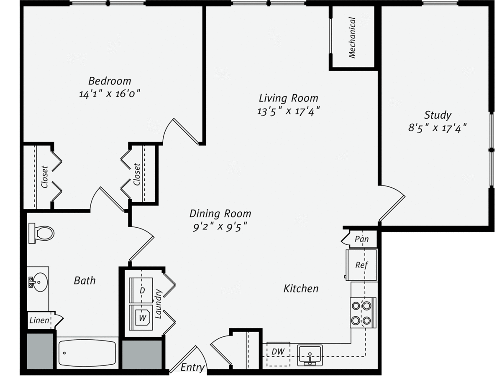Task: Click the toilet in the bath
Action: click(x=41, y=233)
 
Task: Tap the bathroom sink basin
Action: click(x=38, y=282)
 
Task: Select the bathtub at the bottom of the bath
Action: click(x=87, y=353)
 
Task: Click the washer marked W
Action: click(x=141, y=318)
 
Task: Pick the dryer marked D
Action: click(x=141, y=290)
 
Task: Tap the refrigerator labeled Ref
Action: click(x=361, y=265)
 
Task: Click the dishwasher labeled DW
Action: click(x=278, y=353)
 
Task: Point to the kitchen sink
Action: click(x=310, y=355)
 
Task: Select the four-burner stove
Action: click(x=363, y=313)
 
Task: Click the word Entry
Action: click(x=192, y=368)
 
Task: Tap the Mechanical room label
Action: click(x=352, y=38)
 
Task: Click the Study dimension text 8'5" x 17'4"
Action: click(x=437, y=128)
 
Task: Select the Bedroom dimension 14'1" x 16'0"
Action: click(x=109, y=94)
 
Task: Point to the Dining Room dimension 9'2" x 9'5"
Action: click(x=220, y=227)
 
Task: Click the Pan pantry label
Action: click(x=362, y=239)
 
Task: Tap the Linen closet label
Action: click(x=39, y=320)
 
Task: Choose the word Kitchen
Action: click(x=301, y=289)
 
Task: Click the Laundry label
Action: click(x=158, y=304)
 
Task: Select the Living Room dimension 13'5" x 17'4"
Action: click(x=288, y=111)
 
